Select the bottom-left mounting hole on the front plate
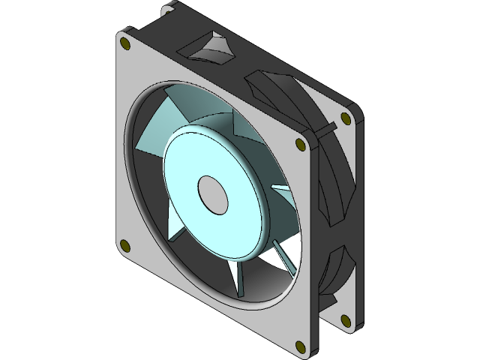click(x=125, y=245)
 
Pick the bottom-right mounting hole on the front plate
click(x=300, y=346)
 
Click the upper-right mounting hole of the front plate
click(x=300, y=142)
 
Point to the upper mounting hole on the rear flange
click(x=346, y=118)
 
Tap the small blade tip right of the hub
click(x=279, y=187)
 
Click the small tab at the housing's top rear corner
click(x=166, y=10)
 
